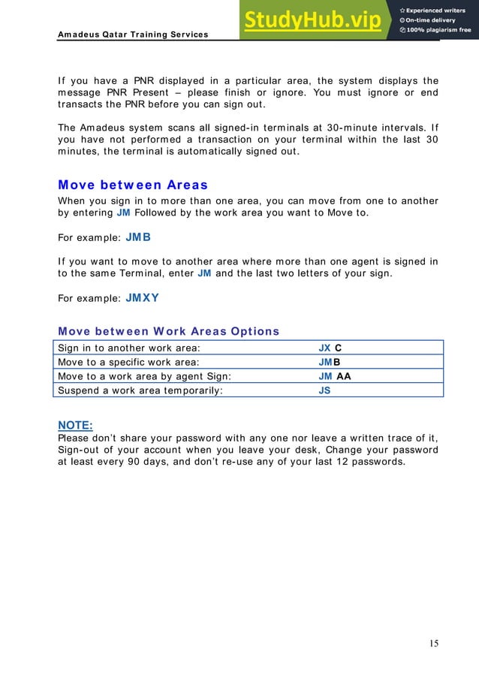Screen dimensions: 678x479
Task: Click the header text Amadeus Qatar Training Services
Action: coord(133,35)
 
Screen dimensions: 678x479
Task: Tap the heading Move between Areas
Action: coord(133,185)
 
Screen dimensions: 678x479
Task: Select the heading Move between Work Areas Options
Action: coord(168,331)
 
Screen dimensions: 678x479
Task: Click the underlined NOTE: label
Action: coord(75,425)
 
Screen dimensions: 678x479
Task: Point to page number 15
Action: coord(434,643)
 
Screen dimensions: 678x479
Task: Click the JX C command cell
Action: coord(330,348)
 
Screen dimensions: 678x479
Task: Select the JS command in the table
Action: coord(324,390)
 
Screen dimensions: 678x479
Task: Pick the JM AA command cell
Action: coord(334,376)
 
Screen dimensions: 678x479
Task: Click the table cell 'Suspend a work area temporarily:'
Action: coord(140,390)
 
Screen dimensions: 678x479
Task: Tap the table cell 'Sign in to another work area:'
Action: coord(130,348)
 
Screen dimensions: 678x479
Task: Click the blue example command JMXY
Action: coord(143,297)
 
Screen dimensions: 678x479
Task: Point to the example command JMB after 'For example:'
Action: coord(138,237)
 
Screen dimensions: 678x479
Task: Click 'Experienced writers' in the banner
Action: coord(438,10)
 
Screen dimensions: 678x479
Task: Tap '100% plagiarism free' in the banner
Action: coord(438,30)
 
